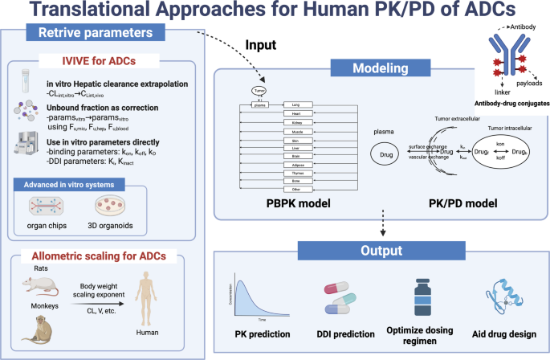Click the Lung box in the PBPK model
click(x=299, y=104)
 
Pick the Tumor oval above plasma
click(x=259, y=91)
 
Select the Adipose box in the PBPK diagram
click(x=299, y=166)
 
